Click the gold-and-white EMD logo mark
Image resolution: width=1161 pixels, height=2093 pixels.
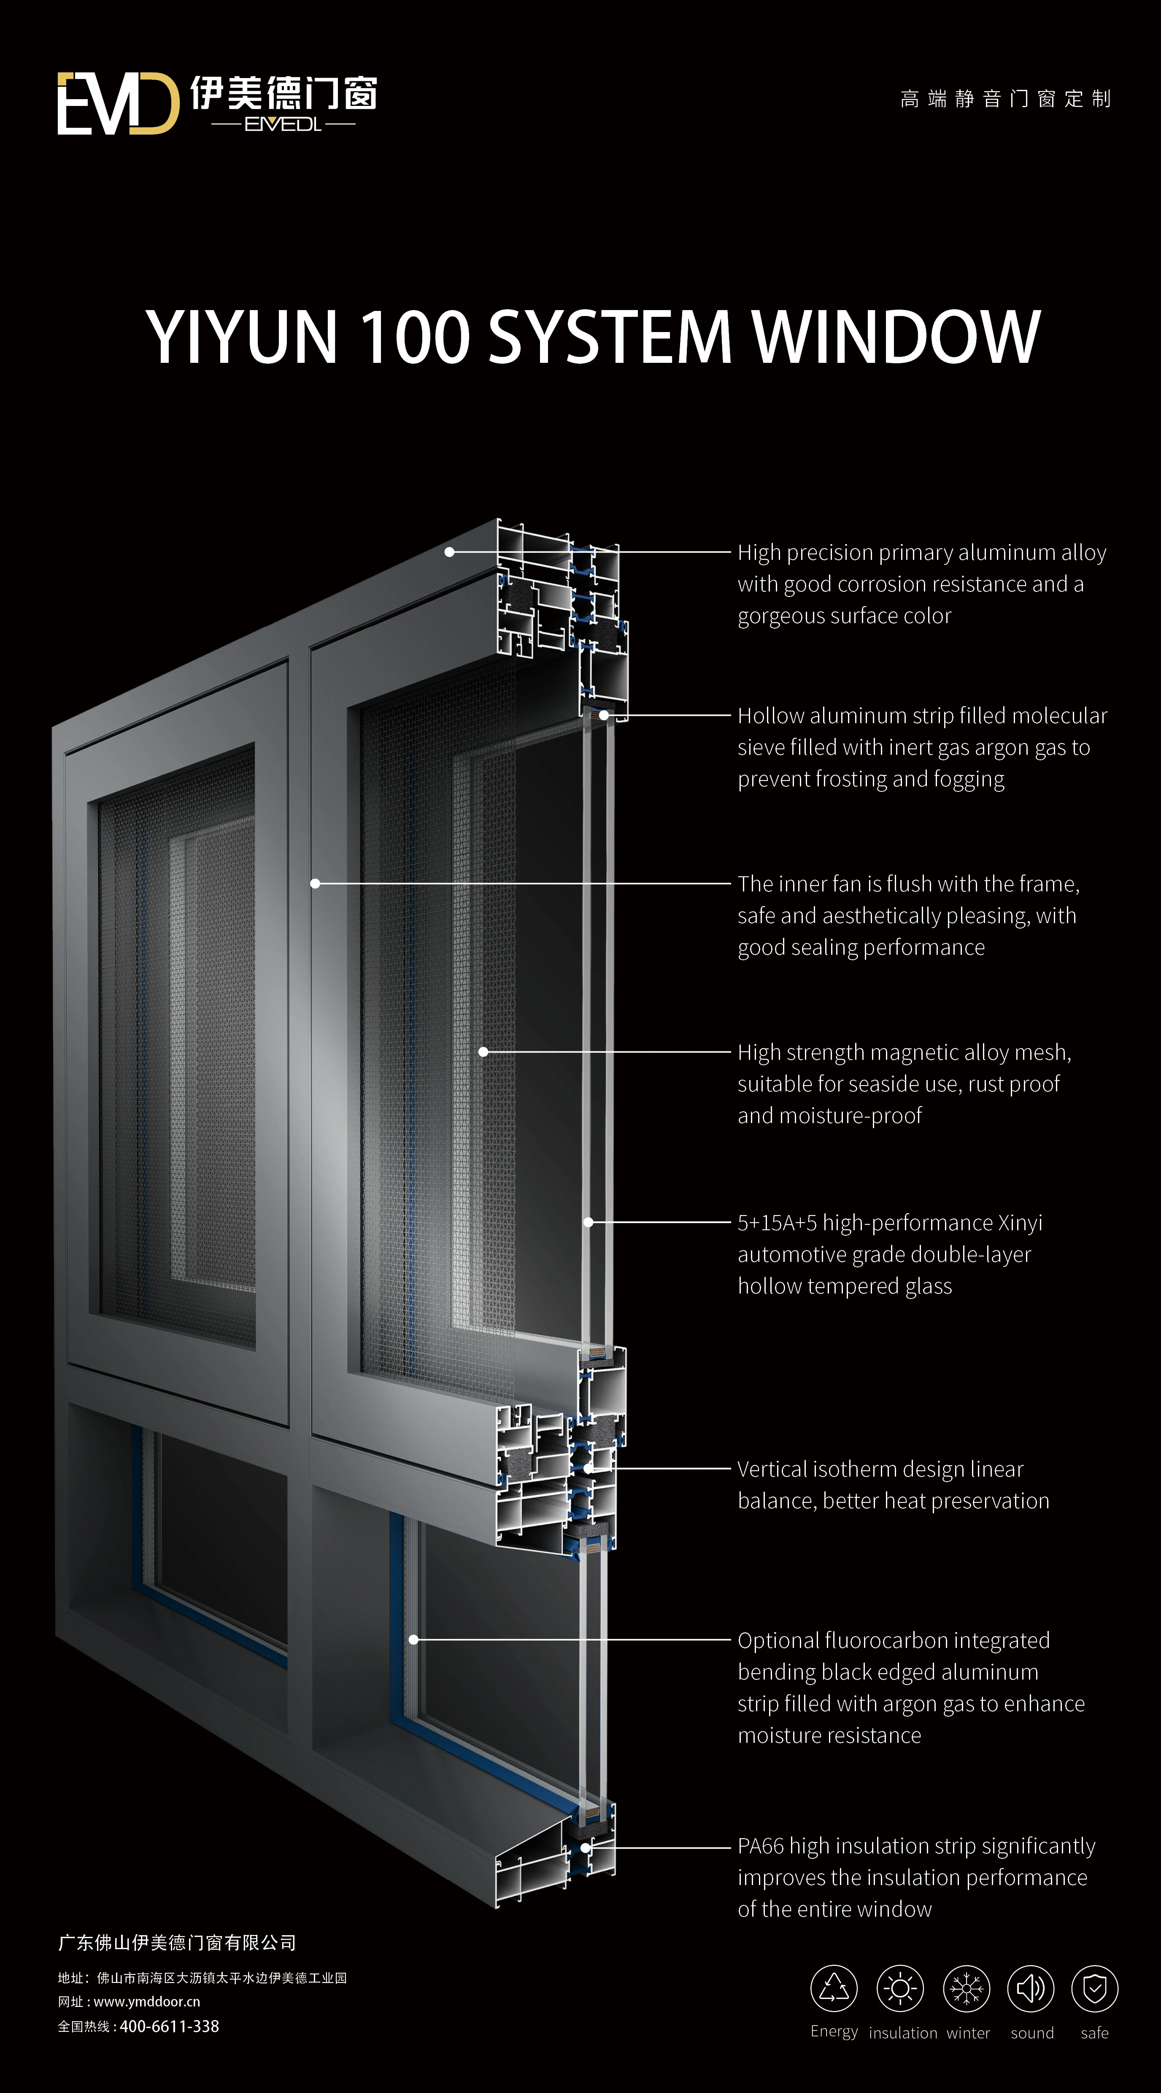[x=118, y=103]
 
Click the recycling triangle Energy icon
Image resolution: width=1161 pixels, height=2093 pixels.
[x=834, y=1988]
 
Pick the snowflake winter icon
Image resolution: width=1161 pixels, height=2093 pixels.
[x=966, y=1988]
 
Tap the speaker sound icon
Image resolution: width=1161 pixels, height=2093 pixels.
[x=1030, y=1988]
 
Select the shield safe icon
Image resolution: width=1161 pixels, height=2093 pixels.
[x=1094, y=1988]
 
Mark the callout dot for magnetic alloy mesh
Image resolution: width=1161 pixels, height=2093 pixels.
[x=483, y=1051]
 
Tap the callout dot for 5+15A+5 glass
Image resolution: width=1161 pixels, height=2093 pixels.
[x=588, y=1222]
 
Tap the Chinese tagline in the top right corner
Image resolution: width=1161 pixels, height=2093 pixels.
[x=1005, y=99]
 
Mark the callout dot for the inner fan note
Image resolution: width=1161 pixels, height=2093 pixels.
[x=315, y=883]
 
